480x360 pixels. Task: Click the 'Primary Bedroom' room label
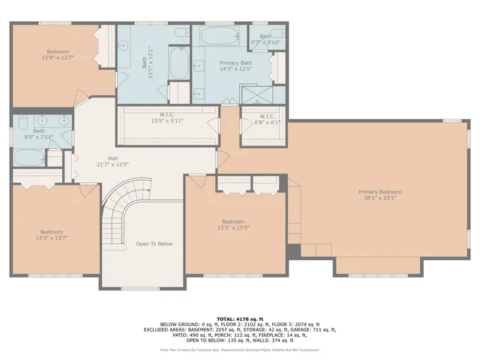[x=379, y=192]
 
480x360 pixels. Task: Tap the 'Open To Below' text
[x=154, y=244]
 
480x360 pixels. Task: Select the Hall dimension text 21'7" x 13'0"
[x=112, y=164]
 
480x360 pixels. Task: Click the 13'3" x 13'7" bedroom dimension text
[x=52, y=238]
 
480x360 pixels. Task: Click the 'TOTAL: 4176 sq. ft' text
[x=239, y=319]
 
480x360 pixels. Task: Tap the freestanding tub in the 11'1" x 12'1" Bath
[x=178, y=63]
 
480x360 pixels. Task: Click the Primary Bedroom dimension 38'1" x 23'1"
[x=379, y=199]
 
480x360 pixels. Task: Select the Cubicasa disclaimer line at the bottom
[x=239, y=349]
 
